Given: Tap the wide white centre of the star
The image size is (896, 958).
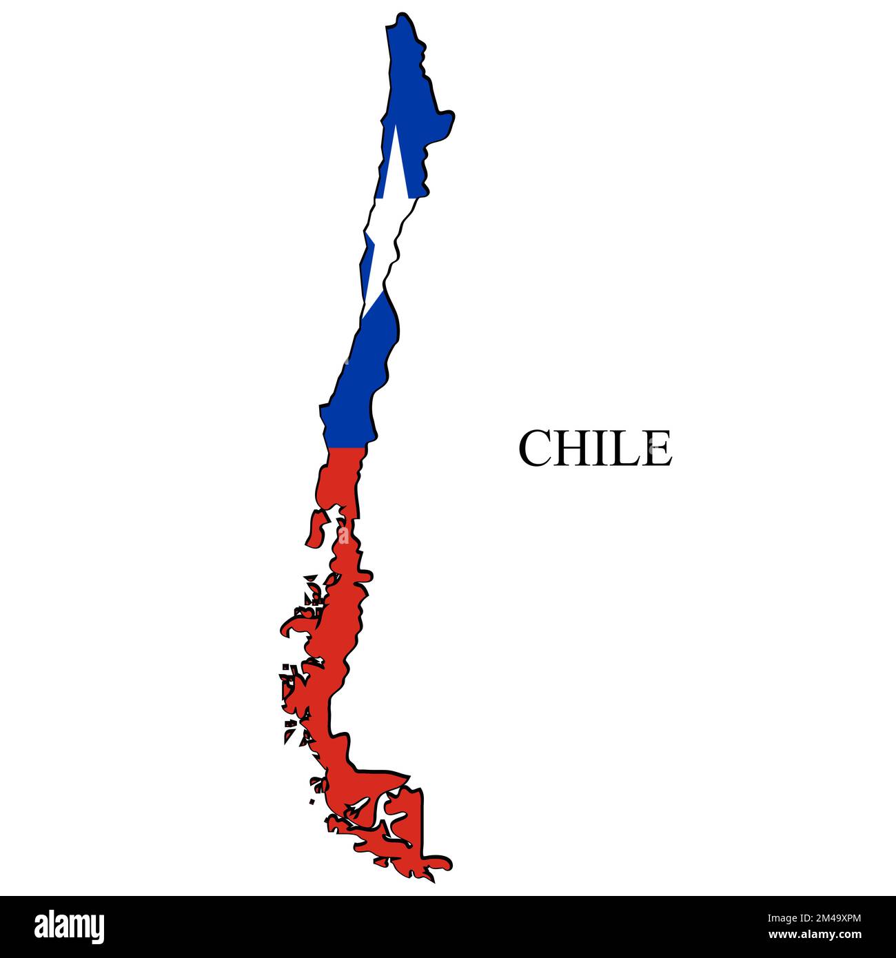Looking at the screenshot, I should click(383, 221).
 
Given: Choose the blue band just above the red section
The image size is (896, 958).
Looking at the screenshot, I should click(348, 420).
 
